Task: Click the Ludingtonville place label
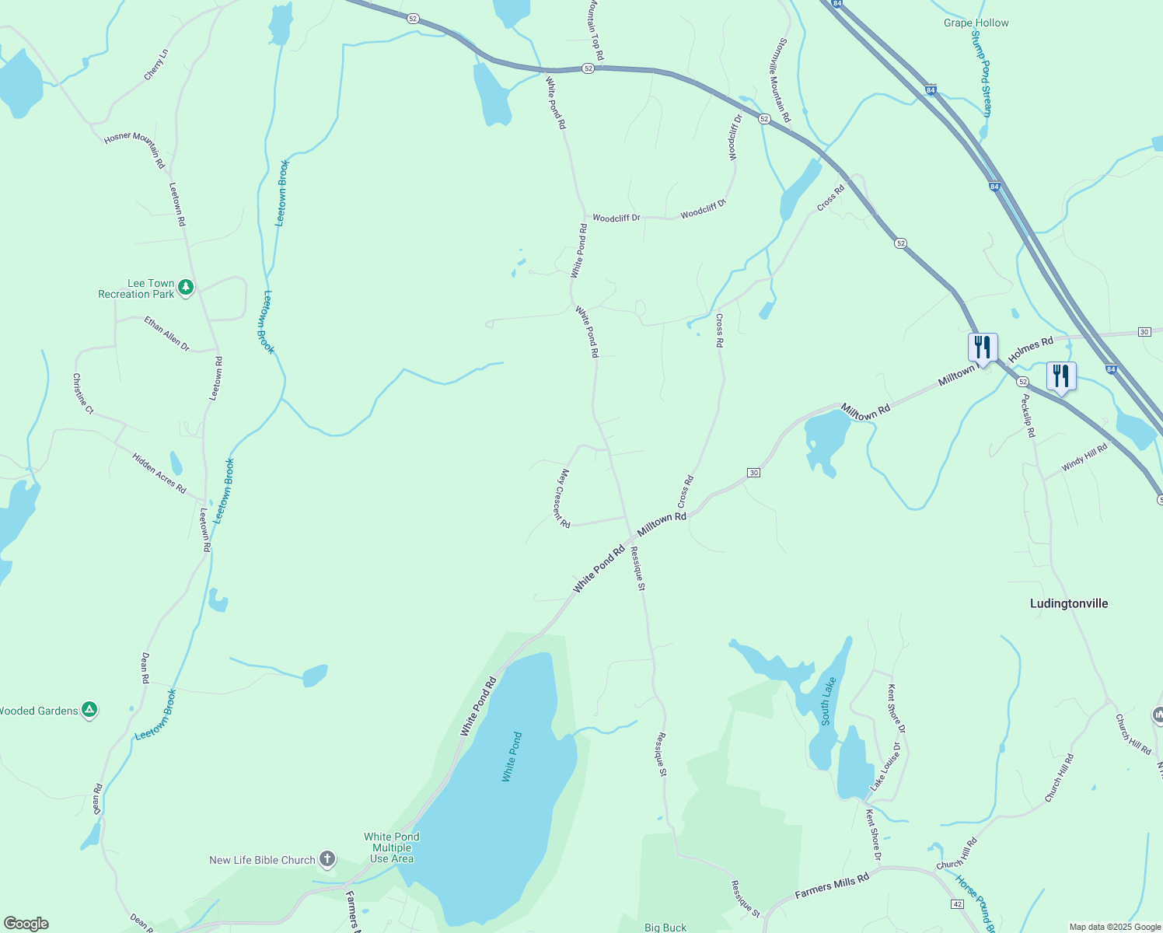[x=1068, y=603]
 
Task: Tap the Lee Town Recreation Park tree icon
[x=185, y=288]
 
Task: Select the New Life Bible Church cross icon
[x=327, y=859]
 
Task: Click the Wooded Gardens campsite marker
[x=89, y=710]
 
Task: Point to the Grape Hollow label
[x=976, y=23]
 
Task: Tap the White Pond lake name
[x=512, y=757]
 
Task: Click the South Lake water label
[x=829, y=701]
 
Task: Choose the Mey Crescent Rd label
[x=564, y=498]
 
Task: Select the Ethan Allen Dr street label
[x=166, y=333]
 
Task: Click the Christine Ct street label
[x=82, y=393]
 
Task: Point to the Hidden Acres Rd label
[x=159, y=473]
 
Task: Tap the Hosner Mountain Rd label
[x=134, y=150]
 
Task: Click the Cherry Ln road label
[x=155, y=65]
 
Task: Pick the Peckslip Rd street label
[x=1028, y=415]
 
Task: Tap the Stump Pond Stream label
[x=980, y=75]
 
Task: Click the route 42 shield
[x=957, y=904]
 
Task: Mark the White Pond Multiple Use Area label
[x=392, y=847]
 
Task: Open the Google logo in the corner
[x=26, y=924]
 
